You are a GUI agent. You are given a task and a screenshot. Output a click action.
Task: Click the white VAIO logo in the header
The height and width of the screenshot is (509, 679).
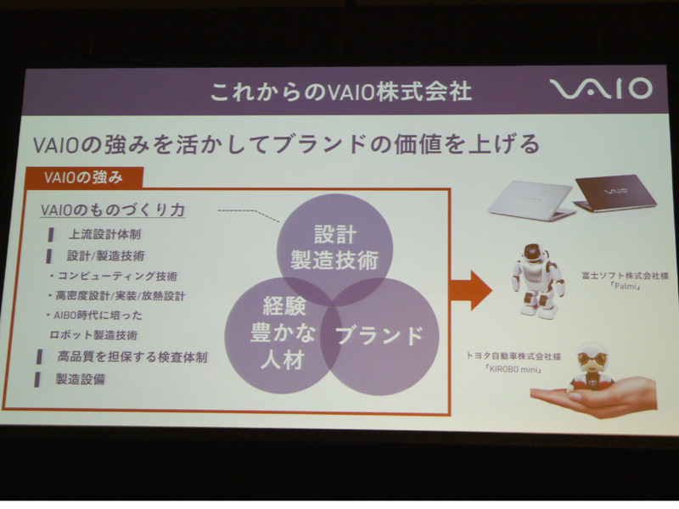pos(601,89)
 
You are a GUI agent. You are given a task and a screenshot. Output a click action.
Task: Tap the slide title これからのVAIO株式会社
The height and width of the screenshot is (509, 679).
pos(340,92)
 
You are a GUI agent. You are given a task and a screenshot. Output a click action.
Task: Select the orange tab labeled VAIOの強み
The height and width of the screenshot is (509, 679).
pos(83,177)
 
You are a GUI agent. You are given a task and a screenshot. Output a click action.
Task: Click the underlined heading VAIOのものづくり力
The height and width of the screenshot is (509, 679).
pos(113,210)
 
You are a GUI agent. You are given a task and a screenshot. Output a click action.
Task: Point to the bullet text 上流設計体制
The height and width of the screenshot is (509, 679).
pos(104,235)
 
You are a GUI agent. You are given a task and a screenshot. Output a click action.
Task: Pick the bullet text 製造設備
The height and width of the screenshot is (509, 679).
pos(81,379)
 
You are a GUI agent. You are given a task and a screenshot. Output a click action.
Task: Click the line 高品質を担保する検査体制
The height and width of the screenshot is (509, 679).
pos(132,357)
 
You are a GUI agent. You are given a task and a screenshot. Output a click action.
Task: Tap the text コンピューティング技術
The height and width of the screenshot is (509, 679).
pos(118,277)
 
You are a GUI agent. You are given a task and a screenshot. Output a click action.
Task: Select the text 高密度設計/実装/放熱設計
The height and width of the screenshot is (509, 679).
pos(121,296)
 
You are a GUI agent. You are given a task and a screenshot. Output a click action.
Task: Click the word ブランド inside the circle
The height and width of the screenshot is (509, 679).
pos(379,336)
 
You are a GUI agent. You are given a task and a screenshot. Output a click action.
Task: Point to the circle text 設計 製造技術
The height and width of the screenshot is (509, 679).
pos(334,248)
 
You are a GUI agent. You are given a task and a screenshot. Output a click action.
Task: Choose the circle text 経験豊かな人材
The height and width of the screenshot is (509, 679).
pos(283,333)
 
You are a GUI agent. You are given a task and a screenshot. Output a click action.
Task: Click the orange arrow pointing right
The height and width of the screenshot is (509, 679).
pos(471,290)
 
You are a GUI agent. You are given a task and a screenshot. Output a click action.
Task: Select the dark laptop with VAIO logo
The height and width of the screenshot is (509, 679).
pos(614,193)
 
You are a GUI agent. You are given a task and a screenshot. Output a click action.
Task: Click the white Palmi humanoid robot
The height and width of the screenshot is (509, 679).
pos(537,280)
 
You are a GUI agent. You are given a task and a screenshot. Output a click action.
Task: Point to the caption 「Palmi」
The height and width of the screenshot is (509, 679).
pos(626,287)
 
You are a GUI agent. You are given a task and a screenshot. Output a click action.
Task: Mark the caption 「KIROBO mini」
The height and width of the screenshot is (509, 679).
pos(513,369)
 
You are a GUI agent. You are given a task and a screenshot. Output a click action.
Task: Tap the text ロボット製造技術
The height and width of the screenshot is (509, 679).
pos(93,335)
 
